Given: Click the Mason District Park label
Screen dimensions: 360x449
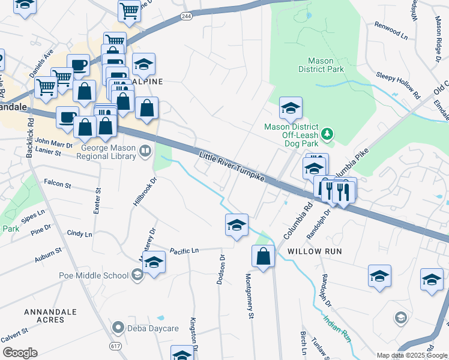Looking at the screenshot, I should point(325,65).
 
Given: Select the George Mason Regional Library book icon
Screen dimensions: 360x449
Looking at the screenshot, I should point(145,152).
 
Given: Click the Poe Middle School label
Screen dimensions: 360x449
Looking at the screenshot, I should point(94,275).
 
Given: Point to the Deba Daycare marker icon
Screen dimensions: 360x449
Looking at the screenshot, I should point(118,328).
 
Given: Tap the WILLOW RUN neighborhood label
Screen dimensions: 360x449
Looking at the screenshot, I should point(315,251).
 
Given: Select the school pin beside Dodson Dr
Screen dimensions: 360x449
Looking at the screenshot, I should point(237,225).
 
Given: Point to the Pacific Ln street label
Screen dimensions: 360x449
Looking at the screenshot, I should point(184,251).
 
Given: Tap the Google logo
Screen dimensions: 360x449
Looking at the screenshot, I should point(19,352).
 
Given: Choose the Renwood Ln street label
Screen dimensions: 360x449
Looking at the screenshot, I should point(391,31).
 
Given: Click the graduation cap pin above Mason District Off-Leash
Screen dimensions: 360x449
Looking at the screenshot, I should point(291,108).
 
